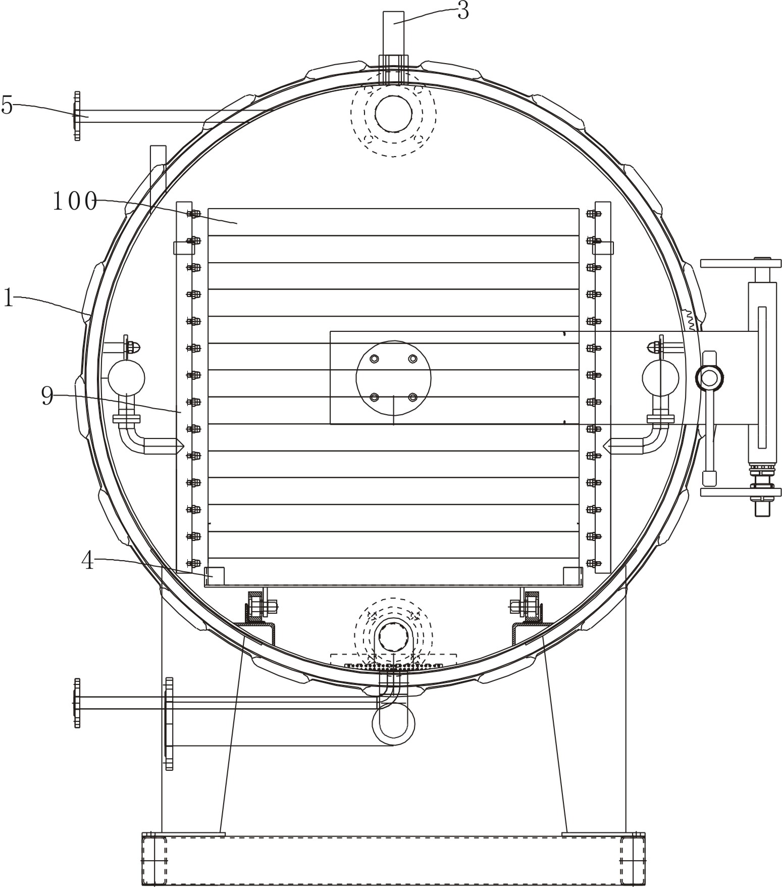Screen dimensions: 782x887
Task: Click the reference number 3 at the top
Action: click(x=463, y=11)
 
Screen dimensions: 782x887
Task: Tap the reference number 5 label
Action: click(x=7, y=105)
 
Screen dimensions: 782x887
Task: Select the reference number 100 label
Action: click(x=75, y=202)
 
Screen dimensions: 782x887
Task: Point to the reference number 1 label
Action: click(x=8, y=298)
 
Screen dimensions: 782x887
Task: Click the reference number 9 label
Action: click(x=47, y=397)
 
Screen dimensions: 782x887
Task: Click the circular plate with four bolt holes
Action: click(x=393, y=378)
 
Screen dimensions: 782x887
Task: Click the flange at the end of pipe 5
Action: click(x=77, y=116)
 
